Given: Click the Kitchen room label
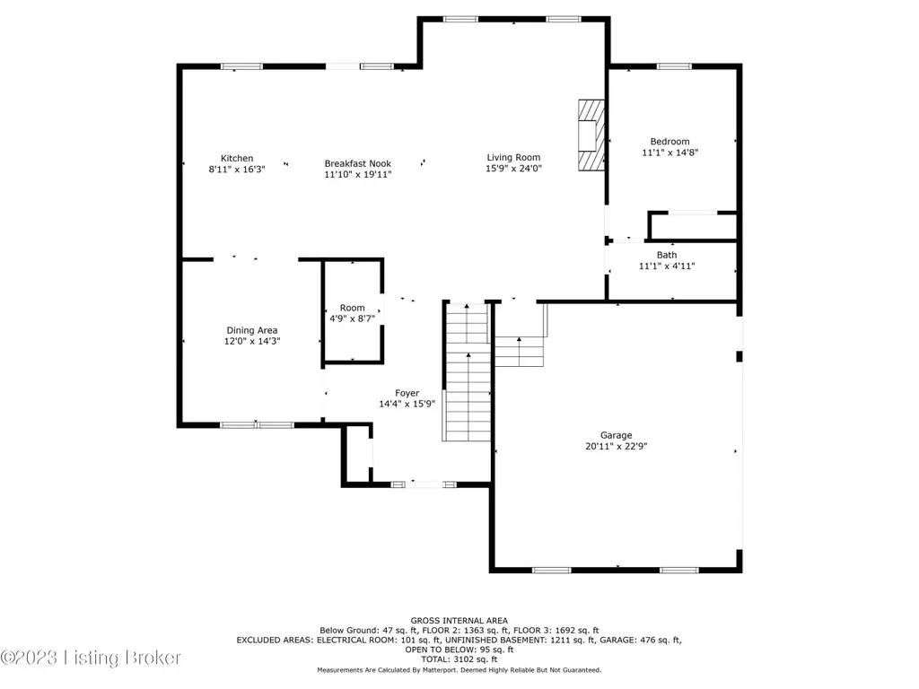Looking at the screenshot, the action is pos(237,158).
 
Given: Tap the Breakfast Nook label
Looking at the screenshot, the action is pos(357,163).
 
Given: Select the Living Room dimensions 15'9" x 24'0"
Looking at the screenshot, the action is pos(513,168).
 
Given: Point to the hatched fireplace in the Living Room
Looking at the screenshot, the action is pos(591,135).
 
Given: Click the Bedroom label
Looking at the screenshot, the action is pos(670,141).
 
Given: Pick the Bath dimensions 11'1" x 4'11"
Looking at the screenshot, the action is pos(667,266).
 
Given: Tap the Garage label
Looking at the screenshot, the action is pos(616,435).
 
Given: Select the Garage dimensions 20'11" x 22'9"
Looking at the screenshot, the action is pos(616,446).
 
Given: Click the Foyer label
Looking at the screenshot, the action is pos(407,393).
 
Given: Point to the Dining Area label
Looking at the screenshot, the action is pos(252,330).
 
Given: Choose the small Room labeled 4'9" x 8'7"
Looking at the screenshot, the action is pos(352,313).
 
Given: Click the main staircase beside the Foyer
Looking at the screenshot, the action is pos(467,371).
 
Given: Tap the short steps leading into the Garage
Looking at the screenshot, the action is pos(520,351).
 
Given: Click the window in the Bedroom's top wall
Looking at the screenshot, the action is pos(674,66).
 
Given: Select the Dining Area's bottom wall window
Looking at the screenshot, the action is pos(257,424).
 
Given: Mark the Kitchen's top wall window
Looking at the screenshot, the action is pos(241,66).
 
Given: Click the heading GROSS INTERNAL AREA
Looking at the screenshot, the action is pos(459,621).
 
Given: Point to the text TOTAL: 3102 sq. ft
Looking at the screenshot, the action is pos(459,659).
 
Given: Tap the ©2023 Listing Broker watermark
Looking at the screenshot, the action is pos(91,658).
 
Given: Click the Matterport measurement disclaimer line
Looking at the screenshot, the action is pos(459,669).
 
